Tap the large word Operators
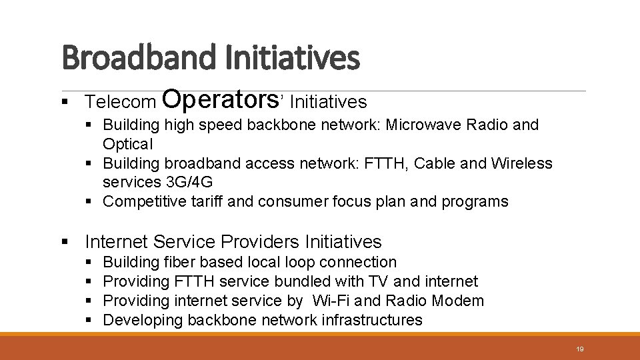(x=219, y=99)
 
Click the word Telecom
(x=121, y=102)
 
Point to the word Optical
(x=128, y=144)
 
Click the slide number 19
(x=579, y=349)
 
